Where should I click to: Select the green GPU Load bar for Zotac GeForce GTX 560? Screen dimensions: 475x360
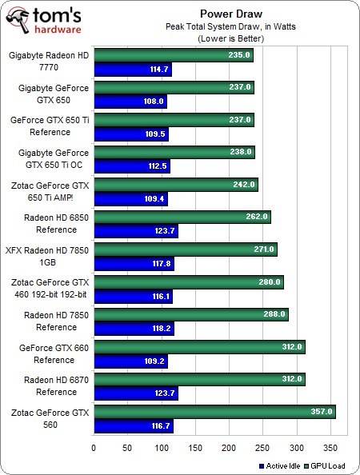[214, 412]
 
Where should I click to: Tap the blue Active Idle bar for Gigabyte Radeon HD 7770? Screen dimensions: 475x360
[132, 70]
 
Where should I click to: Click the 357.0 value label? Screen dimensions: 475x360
[322, 412]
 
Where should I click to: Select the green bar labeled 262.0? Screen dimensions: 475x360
[182, 217]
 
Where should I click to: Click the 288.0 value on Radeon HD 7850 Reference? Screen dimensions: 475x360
[274, 314]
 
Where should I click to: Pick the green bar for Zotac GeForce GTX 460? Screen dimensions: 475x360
[188, 281]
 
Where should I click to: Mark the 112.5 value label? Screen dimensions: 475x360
[157, 167]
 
